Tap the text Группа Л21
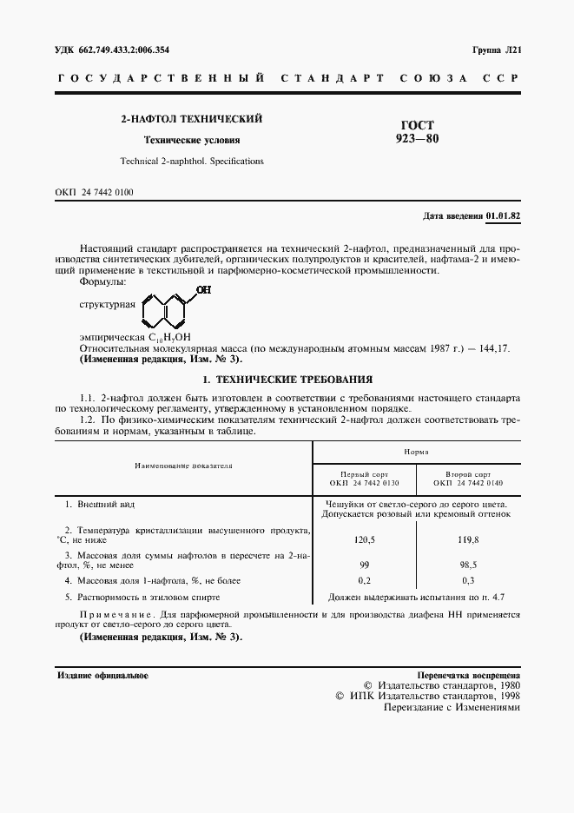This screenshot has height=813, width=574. pos(496,50)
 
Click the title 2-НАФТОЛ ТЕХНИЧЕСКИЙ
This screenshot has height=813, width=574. pos(191,118)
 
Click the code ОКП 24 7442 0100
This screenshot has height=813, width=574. pos(95,192)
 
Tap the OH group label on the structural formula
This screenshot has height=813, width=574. pos(203,290)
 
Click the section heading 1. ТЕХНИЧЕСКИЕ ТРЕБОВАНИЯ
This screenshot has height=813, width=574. pos(287,380)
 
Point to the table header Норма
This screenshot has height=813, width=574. pos(415,452)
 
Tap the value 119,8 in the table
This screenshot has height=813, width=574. pos(468,539)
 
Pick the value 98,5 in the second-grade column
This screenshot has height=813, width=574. pos(468,564)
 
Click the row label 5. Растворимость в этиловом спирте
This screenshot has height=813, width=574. pos(143,597)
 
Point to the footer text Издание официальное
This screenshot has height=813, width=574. pos(102,675)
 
